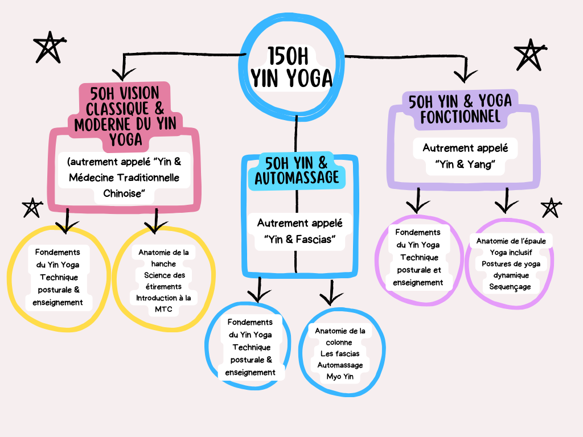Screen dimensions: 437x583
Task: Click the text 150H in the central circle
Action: (291, 57)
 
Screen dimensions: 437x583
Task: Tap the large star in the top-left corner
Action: (48, 48)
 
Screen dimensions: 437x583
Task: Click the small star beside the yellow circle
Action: (31, 208)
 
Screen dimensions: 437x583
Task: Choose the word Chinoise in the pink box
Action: (121, 193)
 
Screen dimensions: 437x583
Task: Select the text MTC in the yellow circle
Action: (163, 310)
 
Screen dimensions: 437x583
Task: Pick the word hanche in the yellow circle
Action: (163, 263)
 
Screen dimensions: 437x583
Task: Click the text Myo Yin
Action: (340, 376)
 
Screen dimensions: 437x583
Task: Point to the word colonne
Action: (339, 342)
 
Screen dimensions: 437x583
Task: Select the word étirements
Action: (163, 286)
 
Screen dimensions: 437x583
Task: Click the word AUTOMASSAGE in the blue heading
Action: (297, 178)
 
